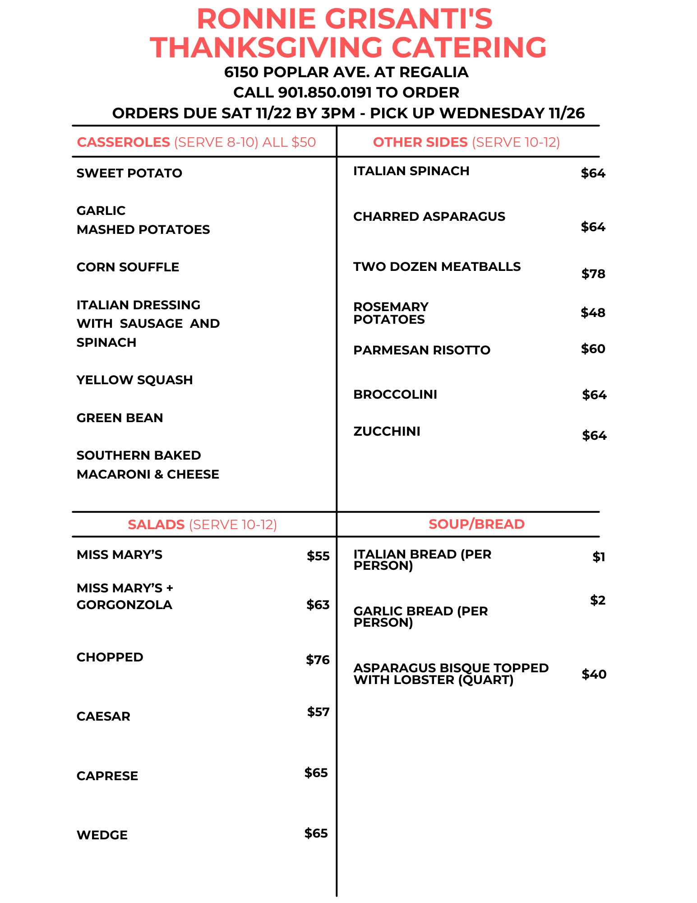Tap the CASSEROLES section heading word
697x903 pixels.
(123, 142)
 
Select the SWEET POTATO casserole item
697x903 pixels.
(129, 173)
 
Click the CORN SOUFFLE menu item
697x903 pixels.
(128, 267)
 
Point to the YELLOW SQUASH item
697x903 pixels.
(134, 380)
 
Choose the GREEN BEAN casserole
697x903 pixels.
(120, 418)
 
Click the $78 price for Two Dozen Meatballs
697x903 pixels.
(593, 274)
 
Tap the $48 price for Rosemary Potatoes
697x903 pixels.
(593, 313)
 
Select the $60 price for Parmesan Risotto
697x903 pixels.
(593, 349)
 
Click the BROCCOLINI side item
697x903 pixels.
(395, 395)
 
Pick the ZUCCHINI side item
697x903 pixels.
(387, 432)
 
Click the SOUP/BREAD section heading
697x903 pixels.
(476, 524)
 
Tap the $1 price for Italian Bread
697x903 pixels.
(599, 557)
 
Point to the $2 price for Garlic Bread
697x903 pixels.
(598, 600)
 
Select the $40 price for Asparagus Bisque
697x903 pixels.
(594, 675)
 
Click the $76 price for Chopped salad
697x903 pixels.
(318, 660)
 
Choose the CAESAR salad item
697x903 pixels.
(103, 717)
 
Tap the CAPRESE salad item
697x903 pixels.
(107, 776)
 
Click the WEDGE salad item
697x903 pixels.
(102, 835)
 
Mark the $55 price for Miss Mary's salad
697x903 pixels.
(318, 556)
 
